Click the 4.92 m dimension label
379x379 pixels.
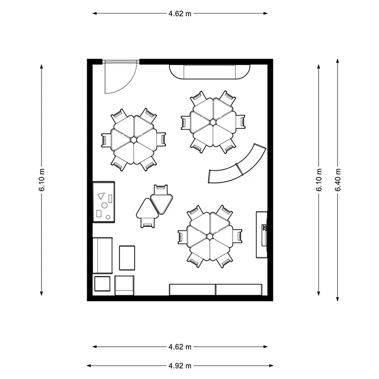pyautogui.click(x=180, y=366)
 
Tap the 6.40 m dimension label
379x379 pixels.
pyautogui.click(x=338, y=180)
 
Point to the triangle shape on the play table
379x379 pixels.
pyautogui.click(x=101, y=196)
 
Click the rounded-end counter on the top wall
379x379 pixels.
pyautogui.click(x=209, y=72)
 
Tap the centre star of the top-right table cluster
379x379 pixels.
pyautogui.click(x=213, y=122)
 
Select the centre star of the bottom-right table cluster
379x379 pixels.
pyautogui.click(x=209, y=236)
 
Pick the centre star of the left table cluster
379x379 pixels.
pyautogui.click(x=134, y=140)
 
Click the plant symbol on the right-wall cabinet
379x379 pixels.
pyautogui.click(x=264, y=228)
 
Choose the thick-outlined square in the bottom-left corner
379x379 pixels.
pyautogui.click(x=102, y=284)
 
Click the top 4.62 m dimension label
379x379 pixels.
pyautogui.click(x=180, y=14)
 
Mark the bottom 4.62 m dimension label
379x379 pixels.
pyautogui.click(x=180, y=347)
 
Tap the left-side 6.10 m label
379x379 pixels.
pyautogui.click(x=42, y=180)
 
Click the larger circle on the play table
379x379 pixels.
pyautogui.click(x=104, y=206)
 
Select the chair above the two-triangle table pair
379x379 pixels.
pyautogui.click(x=161, y=189)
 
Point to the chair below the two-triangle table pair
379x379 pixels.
pyautogui.click(x=147, y=223)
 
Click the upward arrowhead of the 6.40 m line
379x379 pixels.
pyautogui.click(x=338, y=61)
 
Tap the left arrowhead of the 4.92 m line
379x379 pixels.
pyautogui.click(x=90, y=366)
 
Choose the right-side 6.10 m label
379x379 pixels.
pyautogui.click(x=319, y=180)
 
